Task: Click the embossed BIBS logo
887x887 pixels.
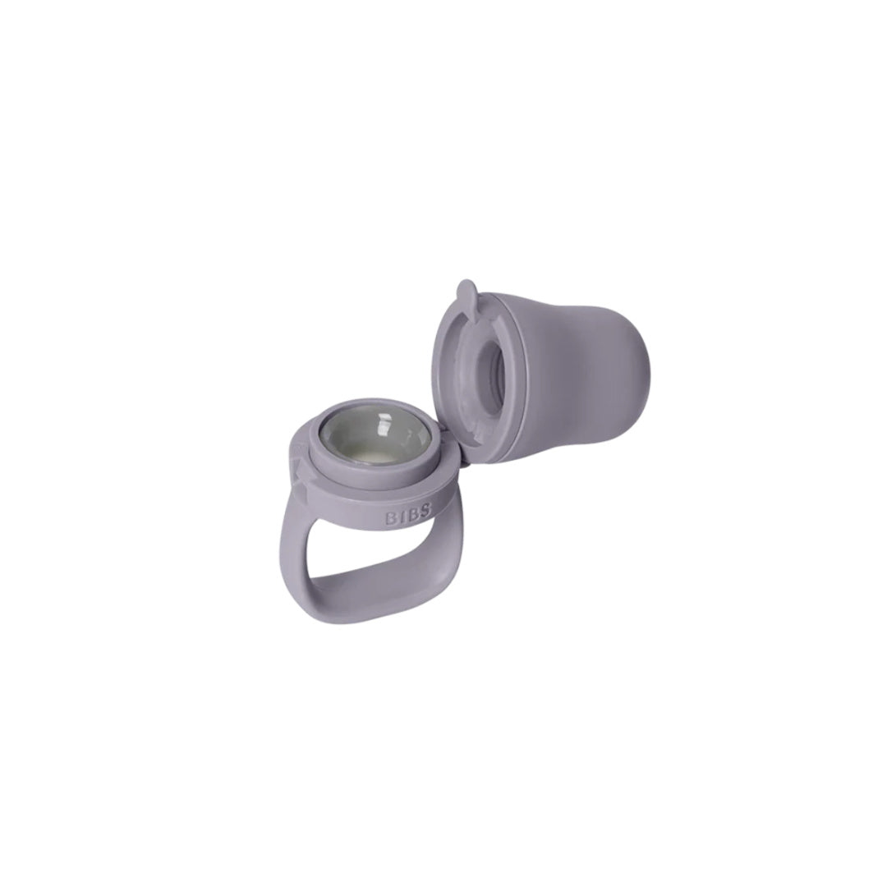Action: pyautogui.click(x=408, y=517)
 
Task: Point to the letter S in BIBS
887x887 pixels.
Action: pyautogui.click(x=425, y=512)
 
